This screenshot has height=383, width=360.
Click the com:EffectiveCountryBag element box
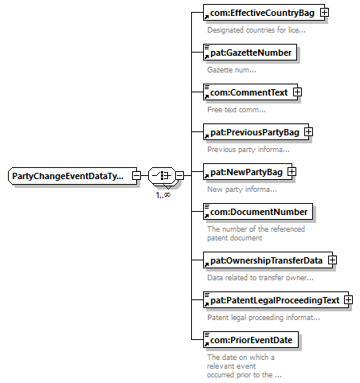pyautogui.click(x=264, y=13)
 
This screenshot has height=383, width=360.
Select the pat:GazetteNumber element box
pyautogui.click(x=250, y=53)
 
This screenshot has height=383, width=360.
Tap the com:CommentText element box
pyautogui.click(x=250, y=92)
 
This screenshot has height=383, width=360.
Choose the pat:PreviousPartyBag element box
pyautogui.click(x=256, y=132)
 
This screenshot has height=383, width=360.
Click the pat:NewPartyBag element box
pyautogui.click(x=248, y=172)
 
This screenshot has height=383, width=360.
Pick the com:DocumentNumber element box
pyautogui.click(x=258, y=212)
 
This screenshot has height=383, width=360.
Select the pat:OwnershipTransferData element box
pyautogui.click(x=268, y=260)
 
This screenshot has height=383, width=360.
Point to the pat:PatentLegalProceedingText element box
pyautogui.click(x=276, y=300)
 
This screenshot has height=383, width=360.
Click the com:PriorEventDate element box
pyautogui.click(x=251, y=340)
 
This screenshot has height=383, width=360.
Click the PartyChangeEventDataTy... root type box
pyautogui.click(x=72, y=176)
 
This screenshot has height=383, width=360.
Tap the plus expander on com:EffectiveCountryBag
pyautogui.click(x=324, y=13)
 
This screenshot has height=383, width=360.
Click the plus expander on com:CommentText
pyautogui.click(x=297, y=92)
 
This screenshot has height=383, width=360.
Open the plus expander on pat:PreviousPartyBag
pyautogui.click(x=308, y=132)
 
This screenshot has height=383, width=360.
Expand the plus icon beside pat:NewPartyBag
pyautogui.click(x=292, y=172)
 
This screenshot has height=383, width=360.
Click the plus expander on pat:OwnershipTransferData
pyautogui.click(x=332, y=260)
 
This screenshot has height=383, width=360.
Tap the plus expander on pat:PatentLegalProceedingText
pyautogui.click(x=348, y=300)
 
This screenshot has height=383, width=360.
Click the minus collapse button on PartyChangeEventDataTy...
pyautogui.click(x=136, y=175)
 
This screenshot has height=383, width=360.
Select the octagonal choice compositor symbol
pyautogui.click(x=162, y=175)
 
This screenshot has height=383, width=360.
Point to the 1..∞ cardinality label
pyautogui.click(x=163, y=195)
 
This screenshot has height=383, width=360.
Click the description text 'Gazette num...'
pyautogui.click(x=232, y=70)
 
